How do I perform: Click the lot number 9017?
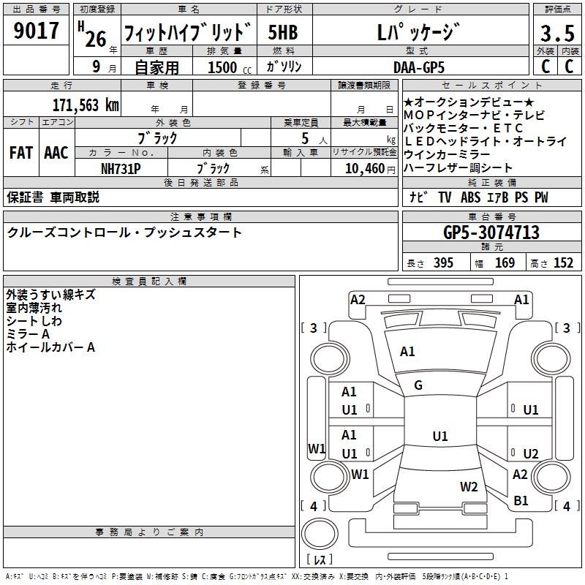(x=37, y=31)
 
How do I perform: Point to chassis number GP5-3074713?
(x=491, y=233)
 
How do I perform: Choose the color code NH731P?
(x=121, y=167)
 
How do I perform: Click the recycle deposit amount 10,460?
(x=363, y=168)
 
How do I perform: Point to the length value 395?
(x=443, y=263)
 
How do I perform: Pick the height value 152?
(x=563, y=263)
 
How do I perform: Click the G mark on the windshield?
(x=418, y=385)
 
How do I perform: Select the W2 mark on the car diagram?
(x=469, y=486)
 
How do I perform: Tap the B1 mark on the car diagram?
(x=521, y=501)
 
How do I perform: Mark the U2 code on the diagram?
(x=530, y=453)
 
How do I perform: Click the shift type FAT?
(x=21, y=153)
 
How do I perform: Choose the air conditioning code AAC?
(x=56, y=153)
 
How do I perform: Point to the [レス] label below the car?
(x=320, y=559)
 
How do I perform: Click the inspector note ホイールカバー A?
(x=50, y=347)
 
